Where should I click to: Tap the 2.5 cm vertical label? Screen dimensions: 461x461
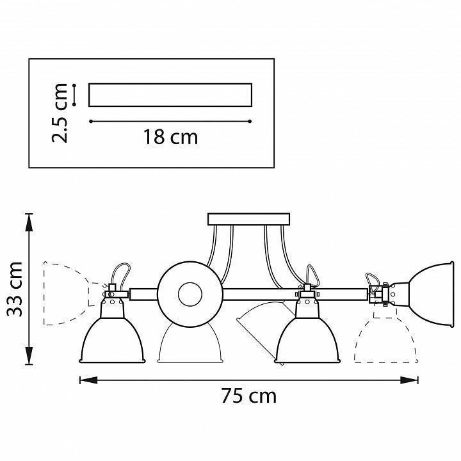(x=60, y=112)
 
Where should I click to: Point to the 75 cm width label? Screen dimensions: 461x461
(x=248, y=396)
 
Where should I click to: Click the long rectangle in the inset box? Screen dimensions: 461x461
(x=170, y=94)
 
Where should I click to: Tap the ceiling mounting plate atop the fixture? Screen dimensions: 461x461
(x=249, y=220)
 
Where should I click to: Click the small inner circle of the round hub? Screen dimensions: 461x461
(x=190, y=295)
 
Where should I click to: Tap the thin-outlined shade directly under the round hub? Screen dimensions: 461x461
(x=190, y=346)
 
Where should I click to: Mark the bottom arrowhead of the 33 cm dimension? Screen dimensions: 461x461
(x=29, y=360)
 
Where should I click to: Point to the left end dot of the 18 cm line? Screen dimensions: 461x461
(x=90, y=121)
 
